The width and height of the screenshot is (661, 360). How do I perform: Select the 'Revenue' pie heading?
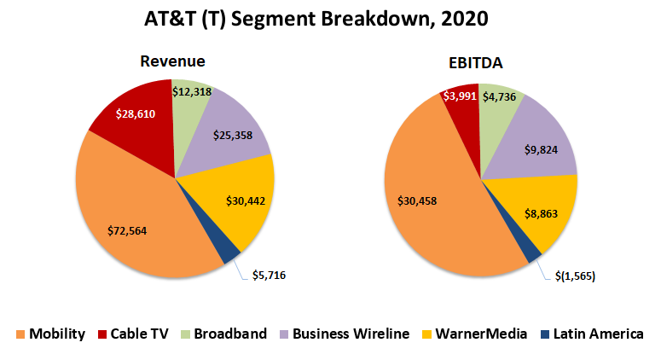[173, 61]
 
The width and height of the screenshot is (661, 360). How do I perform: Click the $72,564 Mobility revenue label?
[132, 230]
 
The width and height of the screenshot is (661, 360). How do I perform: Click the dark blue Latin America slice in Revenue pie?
[226, 251]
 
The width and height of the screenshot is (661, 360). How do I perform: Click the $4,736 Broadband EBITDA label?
[502, 96]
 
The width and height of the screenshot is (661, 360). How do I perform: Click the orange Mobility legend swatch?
[20, 334]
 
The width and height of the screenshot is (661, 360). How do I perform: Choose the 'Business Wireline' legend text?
[351, 334]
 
